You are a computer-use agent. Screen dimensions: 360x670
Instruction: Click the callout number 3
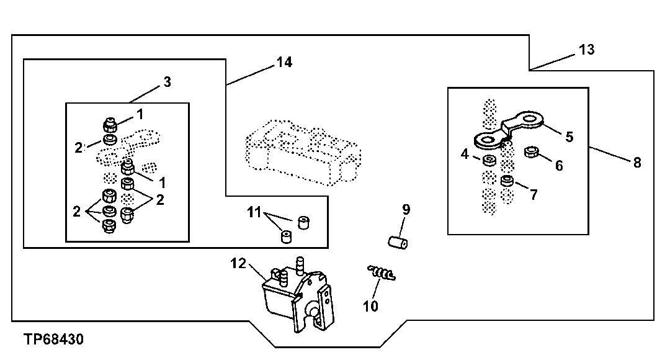click(x=167, y=81)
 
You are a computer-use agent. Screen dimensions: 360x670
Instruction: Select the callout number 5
click(x=569, y=137)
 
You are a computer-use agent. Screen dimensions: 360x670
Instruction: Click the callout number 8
click(x=636, y=163)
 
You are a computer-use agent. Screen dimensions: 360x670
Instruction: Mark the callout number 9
click(x=406, y=210)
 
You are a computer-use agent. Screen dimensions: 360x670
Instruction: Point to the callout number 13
click(x=586, y=49)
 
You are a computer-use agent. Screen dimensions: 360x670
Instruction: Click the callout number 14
click(x=284, y=62)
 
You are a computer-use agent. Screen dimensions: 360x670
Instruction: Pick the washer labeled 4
click(x=489, y=161)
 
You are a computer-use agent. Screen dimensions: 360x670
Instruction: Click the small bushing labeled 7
click(x=507, y=182)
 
